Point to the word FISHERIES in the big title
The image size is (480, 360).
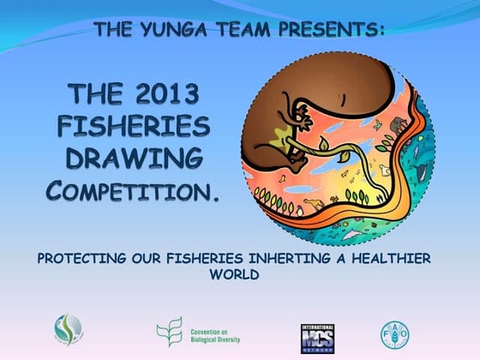[133, 126]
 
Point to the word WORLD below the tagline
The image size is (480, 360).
[239, 276]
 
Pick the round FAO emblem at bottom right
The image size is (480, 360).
[395, 334]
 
